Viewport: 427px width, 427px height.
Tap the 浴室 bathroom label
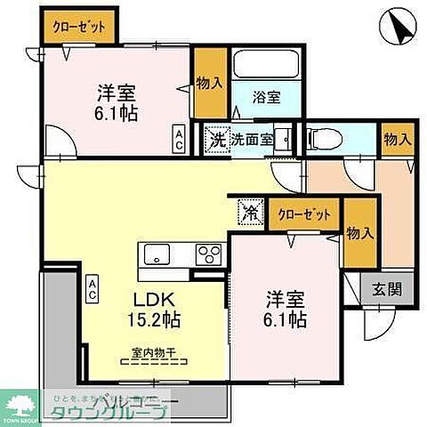(266, 99)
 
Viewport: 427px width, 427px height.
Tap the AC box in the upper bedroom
(179, 138)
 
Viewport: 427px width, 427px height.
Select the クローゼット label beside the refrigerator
(303, 214)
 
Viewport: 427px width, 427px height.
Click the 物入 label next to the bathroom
(209, 83)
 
